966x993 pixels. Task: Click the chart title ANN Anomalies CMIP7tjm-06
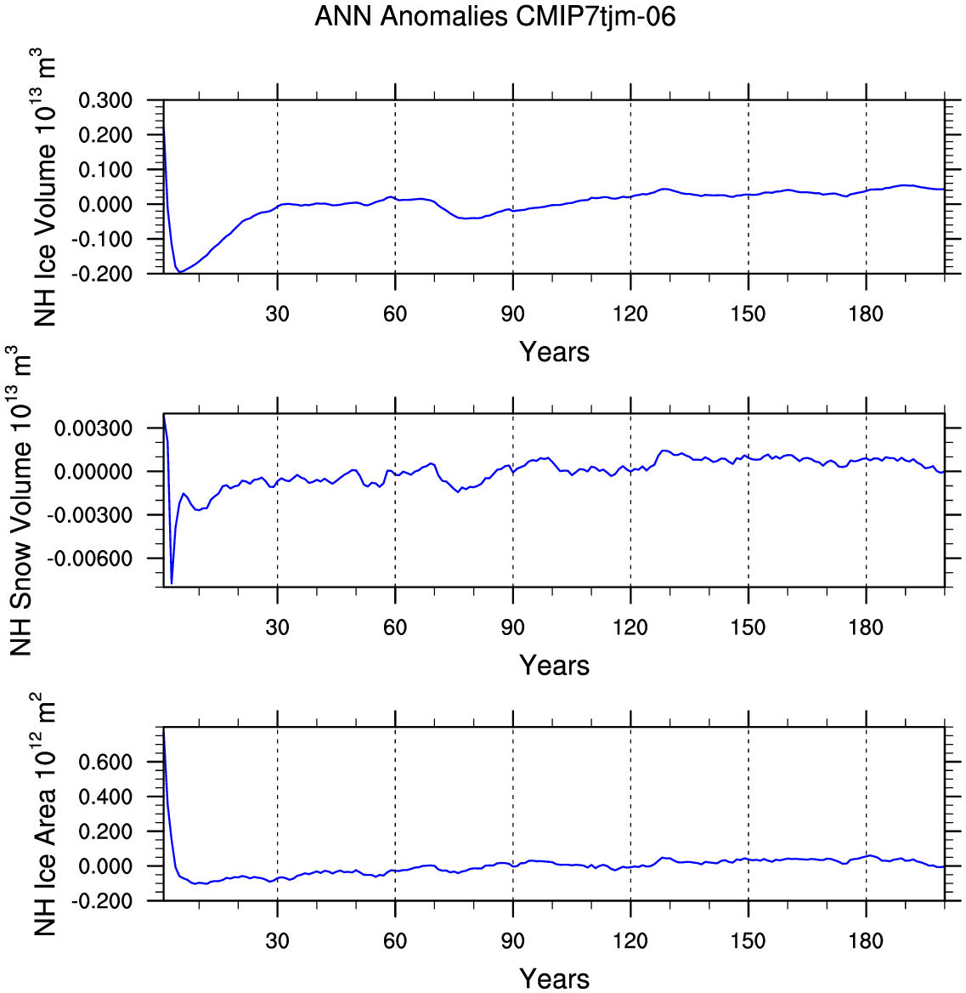pos(495,16)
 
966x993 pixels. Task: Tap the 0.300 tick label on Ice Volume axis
pos(105,100)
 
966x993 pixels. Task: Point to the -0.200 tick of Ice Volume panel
pos(105,274)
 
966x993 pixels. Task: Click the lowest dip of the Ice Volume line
pos(180,272)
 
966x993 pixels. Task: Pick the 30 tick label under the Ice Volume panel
pos(277,314)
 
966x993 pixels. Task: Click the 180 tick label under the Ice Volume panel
pos(866,314)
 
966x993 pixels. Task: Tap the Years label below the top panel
pos(555,351)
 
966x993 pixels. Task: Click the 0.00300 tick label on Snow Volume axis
pos(93,428)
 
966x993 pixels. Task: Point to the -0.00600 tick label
pos(89,559)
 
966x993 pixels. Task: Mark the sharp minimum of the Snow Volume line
pos(172,582)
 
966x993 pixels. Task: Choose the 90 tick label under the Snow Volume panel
pos(513,627)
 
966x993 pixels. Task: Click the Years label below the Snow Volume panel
pos(555,665)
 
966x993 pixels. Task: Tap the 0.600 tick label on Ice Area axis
pos(105,762)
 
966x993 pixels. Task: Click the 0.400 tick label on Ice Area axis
pos(105,797)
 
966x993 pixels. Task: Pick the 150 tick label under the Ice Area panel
pos(749,940)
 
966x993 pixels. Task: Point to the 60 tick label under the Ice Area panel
pos(395,940)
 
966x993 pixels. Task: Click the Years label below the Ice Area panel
pos(555,979)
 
